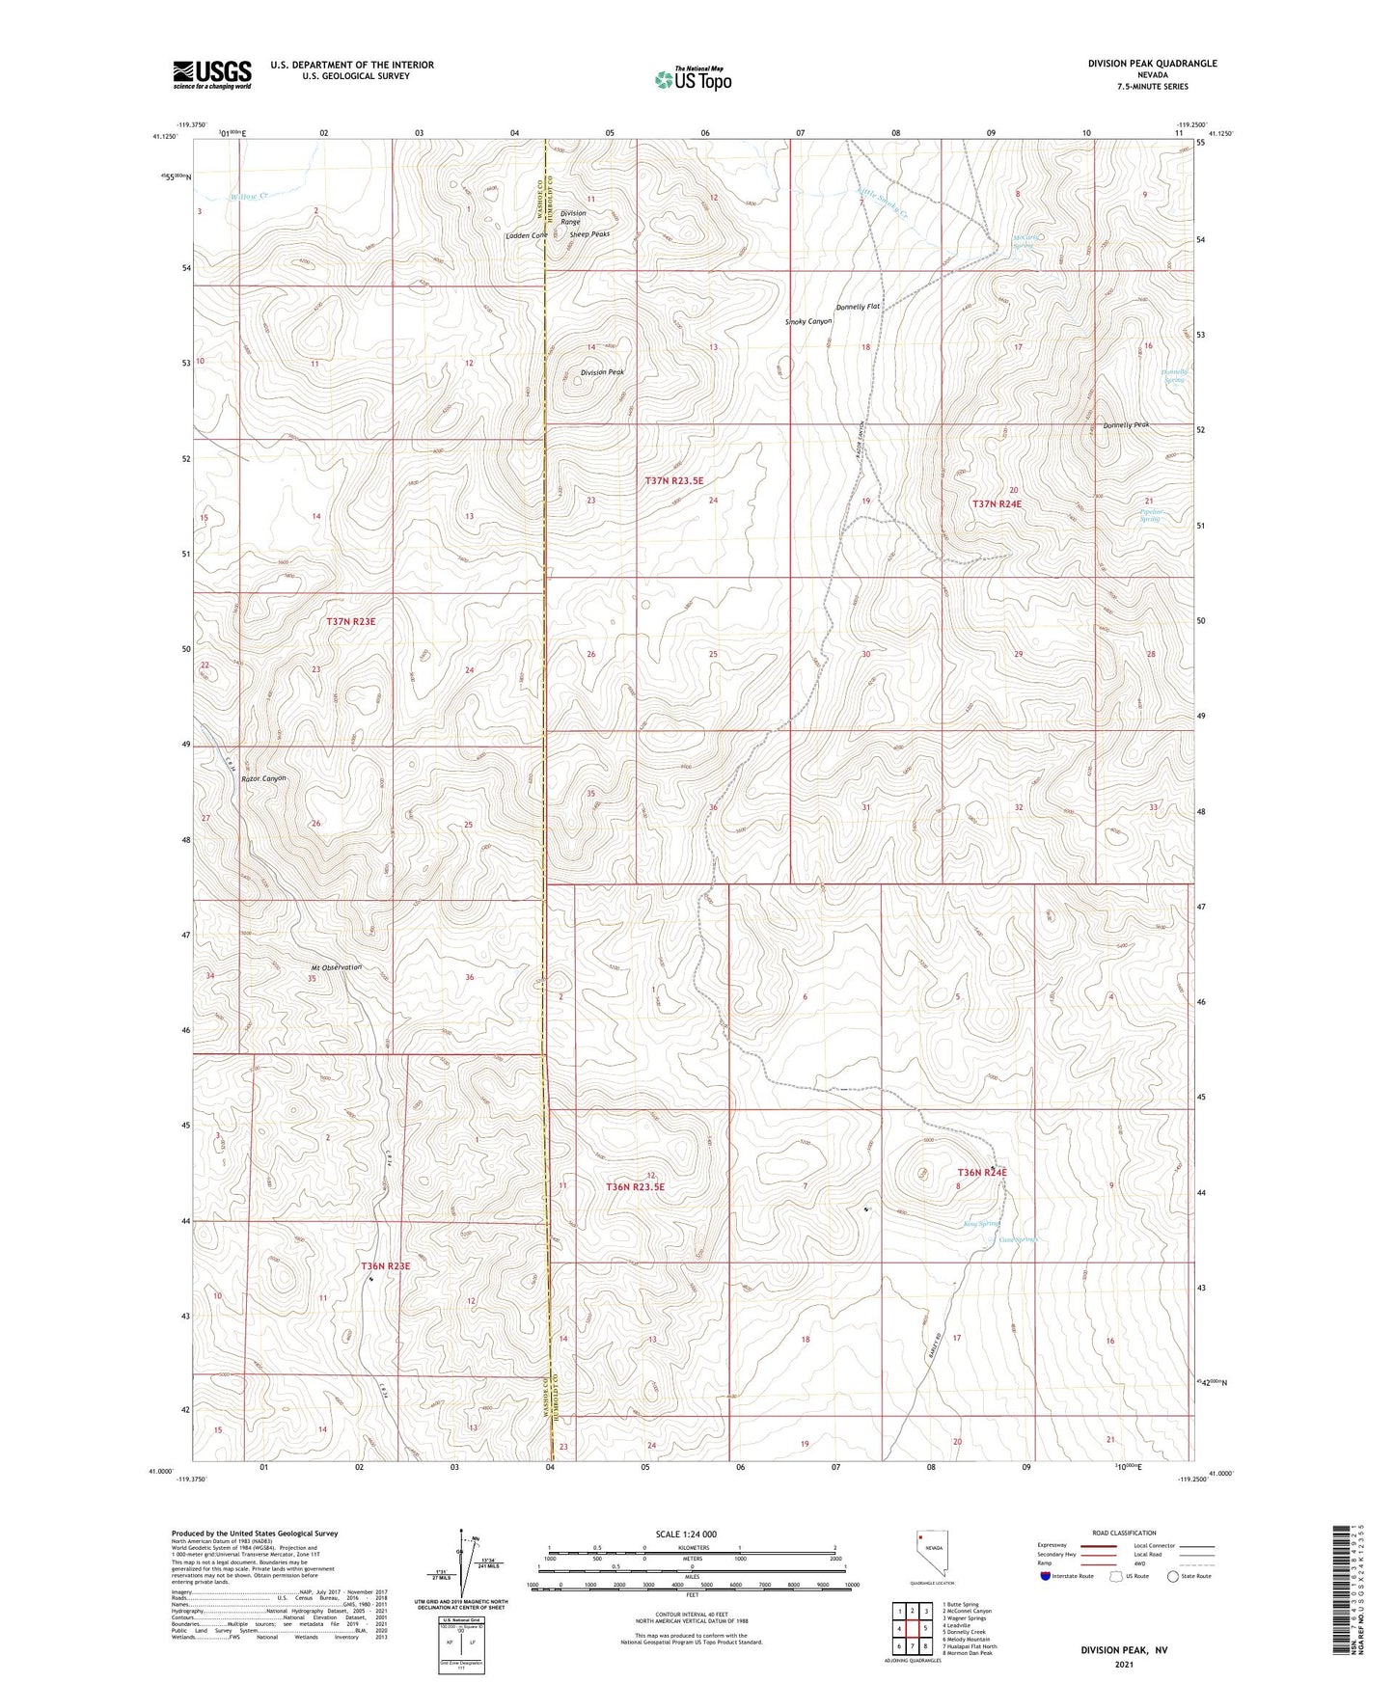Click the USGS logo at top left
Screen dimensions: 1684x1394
212,74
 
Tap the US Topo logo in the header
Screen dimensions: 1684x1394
693,78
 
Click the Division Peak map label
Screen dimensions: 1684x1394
602,372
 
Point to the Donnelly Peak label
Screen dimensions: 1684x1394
1126,425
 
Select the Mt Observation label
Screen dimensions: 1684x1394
336,967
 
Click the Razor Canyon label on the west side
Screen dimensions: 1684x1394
263,778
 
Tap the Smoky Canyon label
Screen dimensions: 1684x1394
808,321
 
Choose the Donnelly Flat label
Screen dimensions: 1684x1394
858,307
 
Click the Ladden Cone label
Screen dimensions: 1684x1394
527,235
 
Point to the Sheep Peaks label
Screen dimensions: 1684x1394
589,234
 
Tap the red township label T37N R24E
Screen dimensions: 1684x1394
997,503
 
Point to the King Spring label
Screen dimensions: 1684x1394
981,1224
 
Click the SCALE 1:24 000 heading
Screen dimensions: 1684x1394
686,1535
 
